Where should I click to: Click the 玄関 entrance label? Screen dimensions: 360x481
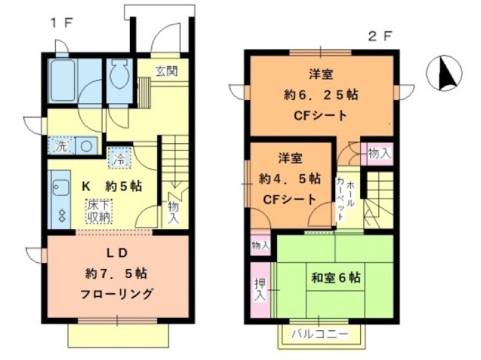[x=165, y=71]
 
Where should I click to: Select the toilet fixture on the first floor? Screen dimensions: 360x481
[x=119, y=77]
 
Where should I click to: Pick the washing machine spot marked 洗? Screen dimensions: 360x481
[x=61, y=146]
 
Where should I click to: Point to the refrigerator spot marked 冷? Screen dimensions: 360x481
[x=119, y=160]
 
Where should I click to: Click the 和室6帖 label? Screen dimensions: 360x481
[x=336, y=278]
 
